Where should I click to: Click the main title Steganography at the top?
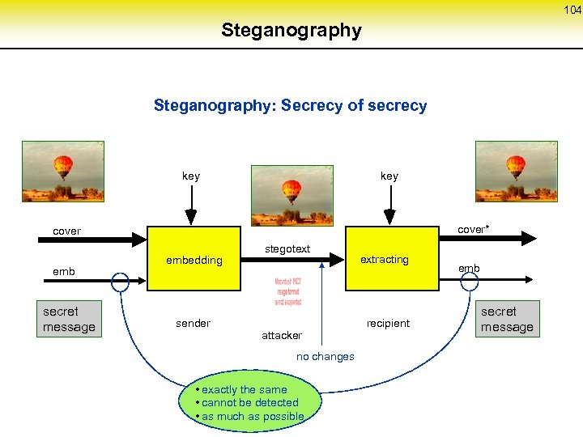coord(291,31)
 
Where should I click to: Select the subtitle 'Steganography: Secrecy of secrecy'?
coord(290,106)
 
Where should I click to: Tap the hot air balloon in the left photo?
coord(62,167)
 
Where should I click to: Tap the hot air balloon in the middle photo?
coord(291,191)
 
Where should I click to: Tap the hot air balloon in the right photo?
coord(516,167)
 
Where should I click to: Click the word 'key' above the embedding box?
coord(191,176)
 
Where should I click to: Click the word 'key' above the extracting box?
coord(389,176)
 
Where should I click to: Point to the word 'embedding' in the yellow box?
coord(194,260)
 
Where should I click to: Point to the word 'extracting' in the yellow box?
coord(385,260)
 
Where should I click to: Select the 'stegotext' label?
coord(288,248)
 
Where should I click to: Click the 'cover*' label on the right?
coord(473,230)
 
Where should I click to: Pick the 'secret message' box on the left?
coord(69,319)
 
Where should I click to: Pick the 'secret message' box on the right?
coord(507,319)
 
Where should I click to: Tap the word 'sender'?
coord(193,323)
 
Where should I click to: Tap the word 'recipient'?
coord(388,323)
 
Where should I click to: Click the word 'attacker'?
coord(282,335)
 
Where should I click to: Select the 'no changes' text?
coord(325,357)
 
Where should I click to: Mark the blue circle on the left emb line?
coord(121,282)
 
